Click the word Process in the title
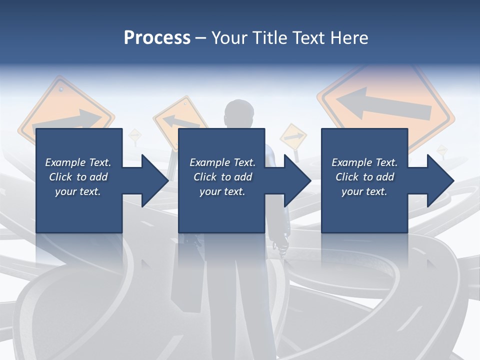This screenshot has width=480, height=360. pos(157,38)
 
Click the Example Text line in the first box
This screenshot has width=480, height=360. pos(78,162)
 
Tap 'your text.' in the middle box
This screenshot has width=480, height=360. pos(222,191)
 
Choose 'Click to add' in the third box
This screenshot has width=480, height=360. pos(364,177)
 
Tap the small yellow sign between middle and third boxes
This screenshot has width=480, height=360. pos(293,137)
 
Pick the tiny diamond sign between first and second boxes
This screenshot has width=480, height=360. pos(134,135)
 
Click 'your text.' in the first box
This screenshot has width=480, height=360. pos(78,191)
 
